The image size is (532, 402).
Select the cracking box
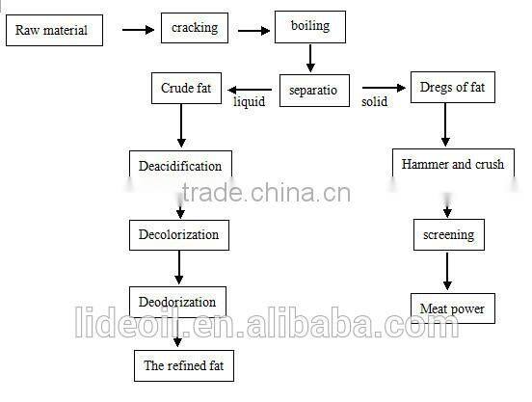(194, 29)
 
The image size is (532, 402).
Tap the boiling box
(309, 27)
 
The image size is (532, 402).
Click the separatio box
(313, 90)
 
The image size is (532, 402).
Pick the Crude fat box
(184, 90)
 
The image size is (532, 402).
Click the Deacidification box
(181, 166)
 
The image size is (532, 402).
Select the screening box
(448, 234)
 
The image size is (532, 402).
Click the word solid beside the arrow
(375, 101)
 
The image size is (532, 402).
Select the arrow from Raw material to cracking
(138, 30)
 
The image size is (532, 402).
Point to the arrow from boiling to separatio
(309, 58)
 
